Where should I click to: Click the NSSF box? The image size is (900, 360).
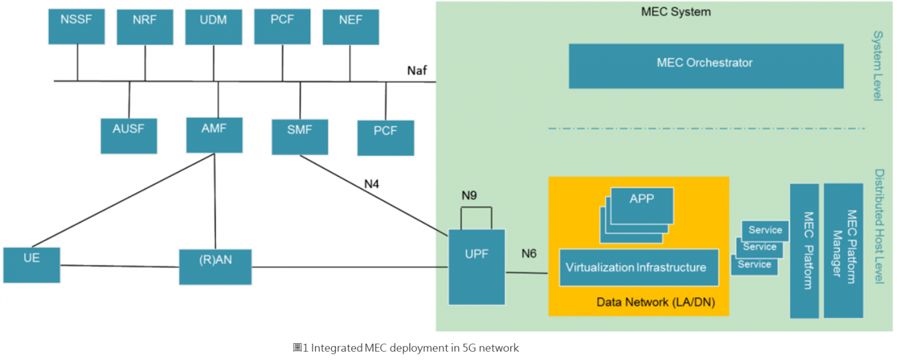point(76,26)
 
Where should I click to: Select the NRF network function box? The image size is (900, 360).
point(145,26)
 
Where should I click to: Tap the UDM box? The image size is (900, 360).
point(213,26)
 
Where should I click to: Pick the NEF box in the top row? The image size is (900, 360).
point(350,26)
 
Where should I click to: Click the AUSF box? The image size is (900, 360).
point(128,136)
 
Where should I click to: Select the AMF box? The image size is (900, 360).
point(214,135)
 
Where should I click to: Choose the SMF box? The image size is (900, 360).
point(299,136)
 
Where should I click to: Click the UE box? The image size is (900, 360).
point(31,264)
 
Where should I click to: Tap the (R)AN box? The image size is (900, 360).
point(215,267)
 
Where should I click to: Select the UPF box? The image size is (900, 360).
point(476,267)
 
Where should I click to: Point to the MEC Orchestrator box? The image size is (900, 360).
point(705,66)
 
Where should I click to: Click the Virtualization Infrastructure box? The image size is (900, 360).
point(638,268)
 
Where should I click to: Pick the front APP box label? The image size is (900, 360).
point(642,199)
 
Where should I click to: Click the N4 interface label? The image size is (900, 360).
point(371,184)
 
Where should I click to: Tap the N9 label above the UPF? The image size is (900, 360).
point(469,195)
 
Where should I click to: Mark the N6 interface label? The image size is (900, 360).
point(529,254)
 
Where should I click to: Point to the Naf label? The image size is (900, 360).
point(417,70)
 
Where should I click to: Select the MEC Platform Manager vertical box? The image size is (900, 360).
point(843,250)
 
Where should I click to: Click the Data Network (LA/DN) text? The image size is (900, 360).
point(655,303)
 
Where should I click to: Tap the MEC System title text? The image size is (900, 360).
point(676,12)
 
